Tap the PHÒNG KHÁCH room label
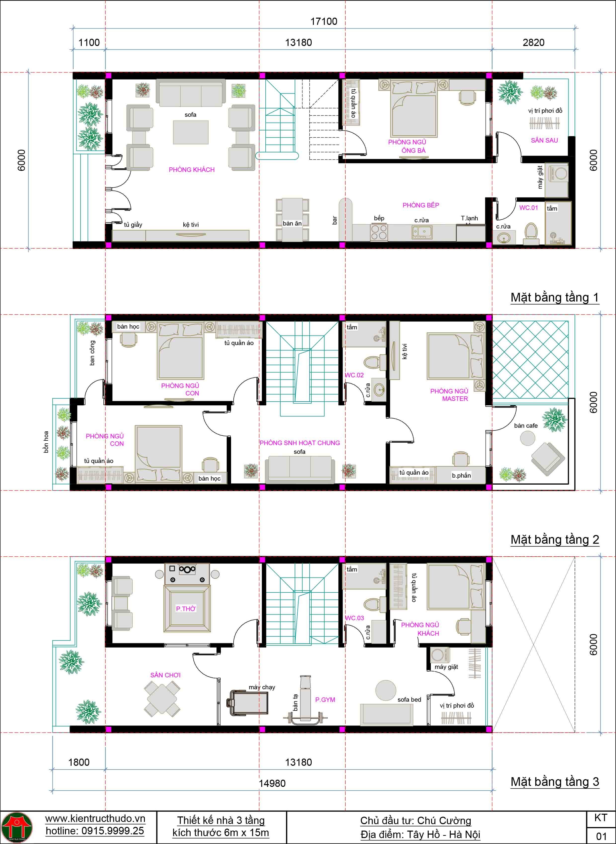tap(191, 170)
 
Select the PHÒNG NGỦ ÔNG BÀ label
tap(407, 146)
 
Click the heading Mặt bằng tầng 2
tap(554, 539)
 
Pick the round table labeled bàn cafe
tap(527, 438)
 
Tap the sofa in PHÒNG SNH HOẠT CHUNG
tap(299, 469)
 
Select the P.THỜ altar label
tap(186, 609)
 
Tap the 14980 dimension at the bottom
tap(272, 783)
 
